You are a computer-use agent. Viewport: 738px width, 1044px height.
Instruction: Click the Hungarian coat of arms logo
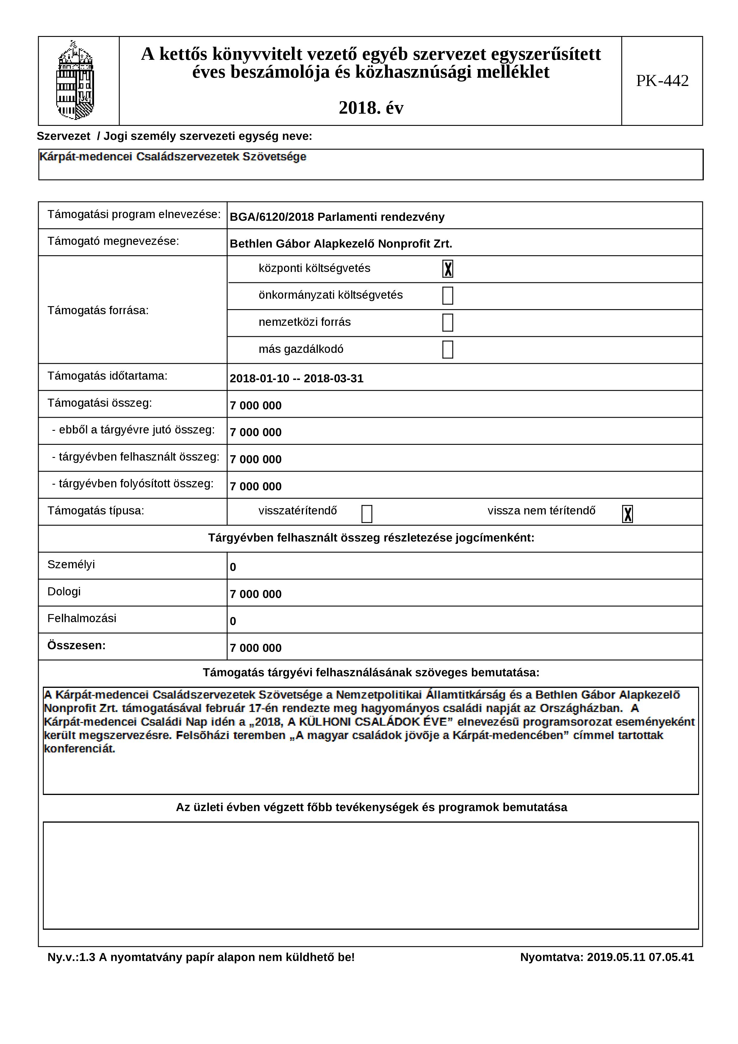(x=75, y=81)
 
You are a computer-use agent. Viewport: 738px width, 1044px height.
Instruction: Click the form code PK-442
(x=662, y=81)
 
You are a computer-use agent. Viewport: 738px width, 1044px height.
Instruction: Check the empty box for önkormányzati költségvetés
(x=448, y=295)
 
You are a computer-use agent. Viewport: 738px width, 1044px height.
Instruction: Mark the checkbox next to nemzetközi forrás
(x=448, y=323)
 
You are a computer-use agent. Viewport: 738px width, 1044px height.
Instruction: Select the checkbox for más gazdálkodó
(x=448, y=350)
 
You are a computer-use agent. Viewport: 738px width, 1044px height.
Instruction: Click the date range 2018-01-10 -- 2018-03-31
(x=296, y=379)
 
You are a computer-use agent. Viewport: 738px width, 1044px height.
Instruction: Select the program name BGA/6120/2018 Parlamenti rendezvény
(x=337, y=217)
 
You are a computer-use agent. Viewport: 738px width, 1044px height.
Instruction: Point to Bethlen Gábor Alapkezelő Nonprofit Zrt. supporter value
(x=340, y=244)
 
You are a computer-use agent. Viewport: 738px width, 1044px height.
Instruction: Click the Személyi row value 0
(x=233, y=567)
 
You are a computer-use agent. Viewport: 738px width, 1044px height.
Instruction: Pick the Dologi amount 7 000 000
(x=256, y=594)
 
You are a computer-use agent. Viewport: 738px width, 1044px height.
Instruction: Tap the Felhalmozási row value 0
(x=233, y=621)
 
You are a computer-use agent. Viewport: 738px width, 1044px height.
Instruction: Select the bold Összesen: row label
(x=76, y=646)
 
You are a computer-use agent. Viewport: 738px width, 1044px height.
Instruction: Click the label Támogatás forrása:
(x=98, y=311)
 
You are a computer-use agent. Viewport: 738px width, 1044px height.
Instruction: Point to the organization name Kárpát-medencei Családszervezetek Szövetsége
(x=173, y=157)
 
